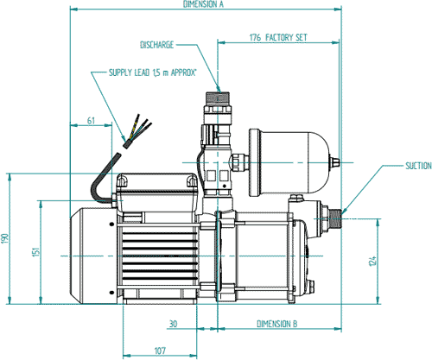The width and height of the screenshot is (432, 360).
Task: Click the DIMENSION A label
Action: click(x=203, y=4)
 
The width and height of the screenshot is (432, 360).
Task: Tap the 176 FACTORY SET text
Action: click(x=276, y=38)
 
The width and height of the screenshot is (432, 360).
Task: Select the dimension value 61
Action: click(x=91, y=122)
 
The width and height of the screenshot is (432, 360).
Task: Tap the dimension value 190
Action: click(x=5, y=237)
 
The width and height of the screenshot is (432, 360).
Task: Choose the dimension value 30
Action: click(x=172, y=324)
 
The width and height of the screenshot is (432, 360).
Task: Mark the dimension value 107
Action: click(x=159, y=351)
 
